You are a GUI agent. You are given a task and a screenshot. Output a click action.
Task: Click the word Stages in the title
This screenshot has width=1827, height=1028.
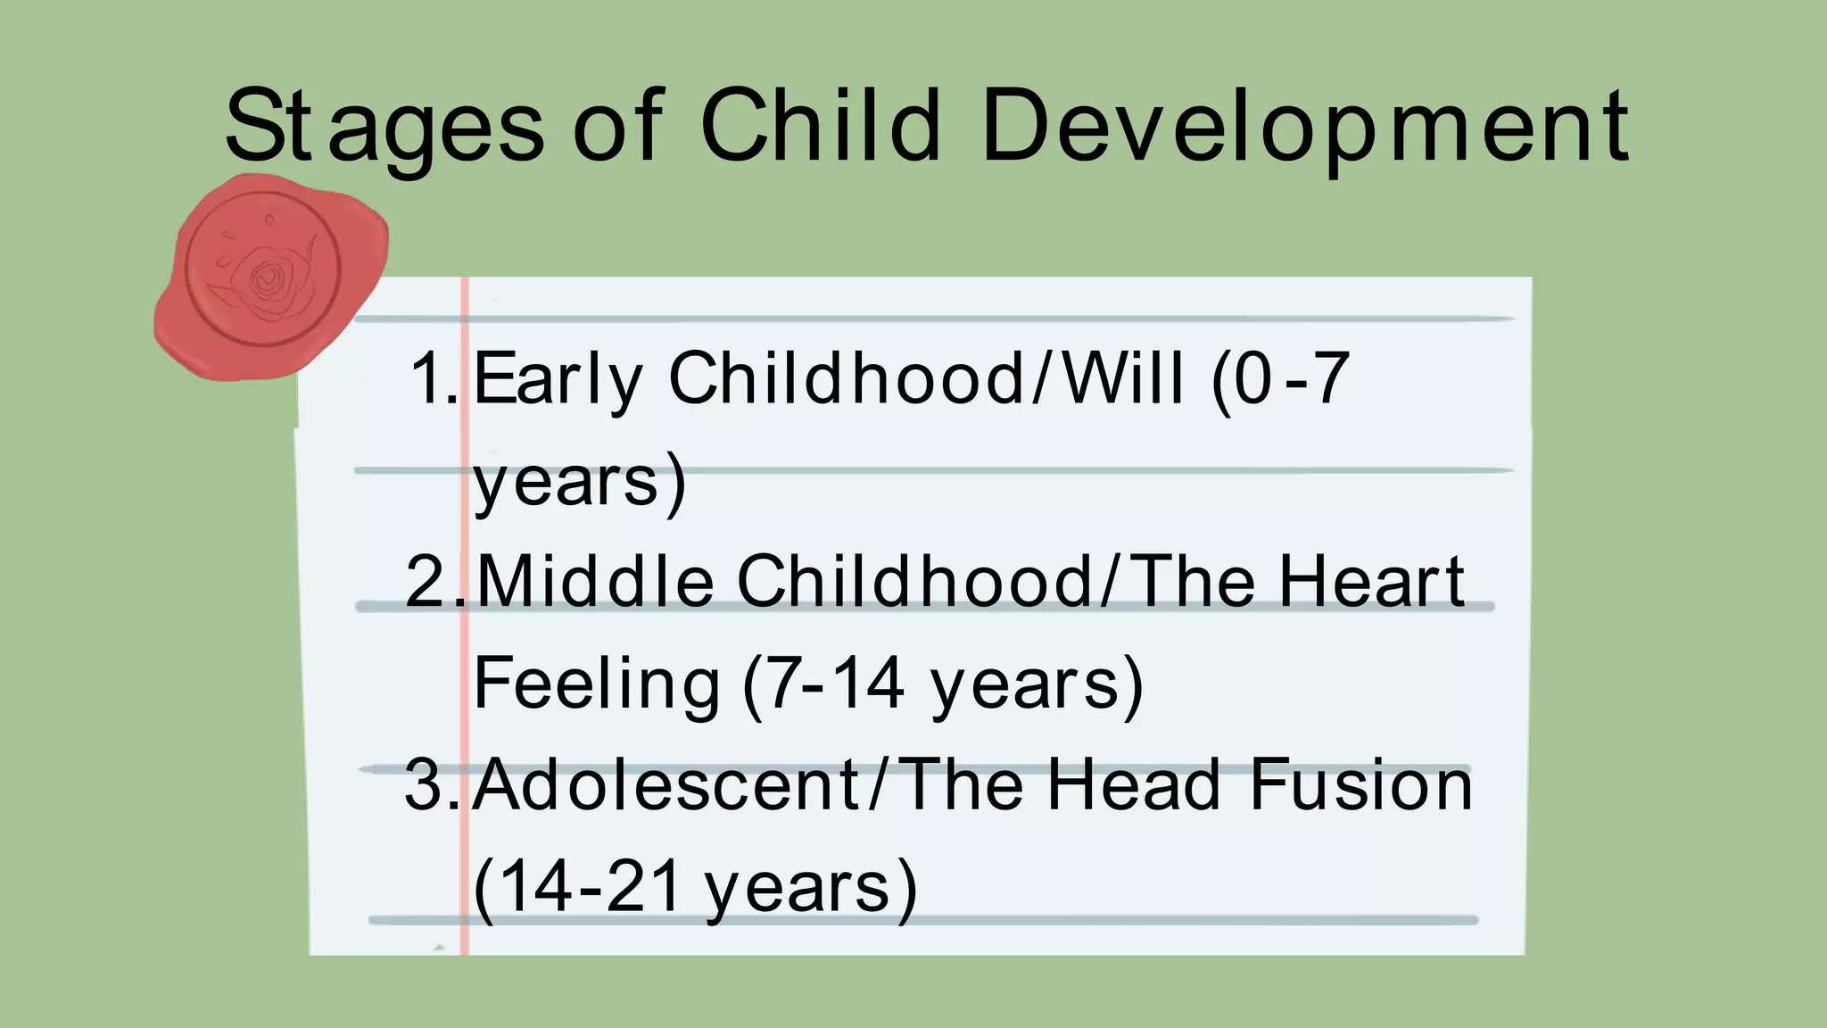pos(384,127)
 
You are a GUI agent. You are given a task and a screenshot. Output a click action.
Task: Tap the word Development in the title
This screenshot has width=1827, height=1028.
pos(1305,127)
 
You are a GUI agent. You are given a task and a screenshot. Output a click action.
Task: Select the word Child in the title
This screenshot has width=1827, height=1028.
pos(820,127)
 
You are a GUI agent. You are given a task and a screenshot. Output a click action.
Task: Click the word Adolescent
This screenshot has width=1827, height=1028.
pos(666,785)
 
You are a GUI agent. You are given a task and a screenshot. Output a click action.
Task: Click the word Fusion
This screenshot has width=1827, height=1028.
pos(1360,785)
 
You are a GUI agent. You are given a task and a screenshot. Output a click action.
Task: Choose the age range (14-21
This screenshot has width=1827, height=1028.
pos(577,887)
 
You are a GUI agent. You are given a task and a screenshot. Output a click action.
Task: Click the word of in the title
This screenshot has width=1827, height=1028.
pos(618,127)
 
